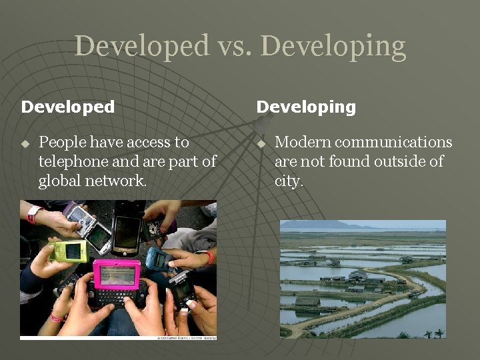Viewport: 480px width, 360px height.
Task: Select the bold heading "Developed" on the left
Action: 68,107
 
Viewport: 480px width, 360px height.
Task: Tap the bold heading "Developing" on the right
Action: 306,107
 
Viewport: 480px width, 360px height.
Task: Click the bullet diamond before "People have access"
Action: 25,143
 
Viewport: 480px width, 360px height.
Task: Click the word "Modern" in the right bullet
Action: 303,142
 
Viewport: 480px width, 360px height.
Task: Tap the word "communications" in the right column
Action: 394,142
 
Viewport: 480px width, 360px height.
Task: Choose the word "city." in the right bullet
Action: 289,181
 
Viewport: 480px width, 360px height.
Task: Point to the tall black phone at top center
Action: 127,233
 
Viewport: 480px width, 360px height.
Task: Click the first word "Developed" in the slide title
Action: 141,46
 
